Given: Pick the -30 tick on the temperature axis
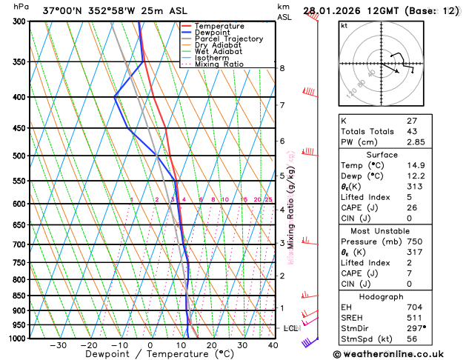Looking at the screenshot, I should coord(58,345).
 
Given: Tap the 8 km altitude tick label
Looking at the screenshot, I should coord(282,68).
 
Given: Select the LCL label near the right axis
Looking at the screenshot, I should coord(290,327).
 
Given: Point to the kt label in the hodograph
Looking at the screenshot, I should coord(344,25).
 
